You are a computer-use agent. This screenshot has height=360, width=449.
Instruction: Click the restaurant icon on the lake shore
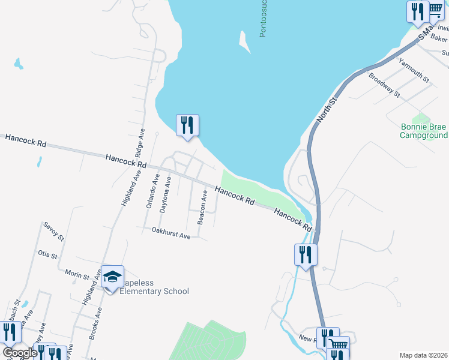(187, 125)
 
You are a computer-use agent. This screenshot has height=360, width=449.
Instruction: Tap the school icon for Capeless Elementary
(112, 277)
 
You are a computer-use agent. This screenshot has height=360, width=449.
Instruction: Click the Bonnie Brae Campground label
(424, 131)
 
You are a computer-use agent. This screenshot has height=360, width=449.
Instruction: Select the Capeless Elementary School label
(154, 287)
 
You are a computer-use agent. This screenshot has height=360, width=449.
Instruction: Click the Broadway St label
(384, 85)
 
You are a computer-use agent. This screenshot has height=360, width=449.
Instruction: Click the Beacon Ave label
(203, 208)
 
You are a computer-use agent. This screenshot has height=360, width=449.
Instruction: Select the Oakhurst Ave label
(171, 233)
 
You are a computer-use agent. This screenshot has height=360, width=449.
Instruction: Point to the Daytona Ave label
(166, 194)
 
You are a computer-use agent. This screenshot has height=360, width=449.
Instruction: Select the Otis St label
(47, 256)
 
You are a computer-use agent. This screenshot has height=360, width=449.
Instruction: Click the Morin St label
(77, 274)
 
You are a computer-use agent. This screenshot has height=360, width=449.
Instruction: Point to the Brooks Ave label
(95, 324)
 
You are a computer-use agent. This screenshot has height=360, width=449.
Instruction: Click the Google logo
(20, 353)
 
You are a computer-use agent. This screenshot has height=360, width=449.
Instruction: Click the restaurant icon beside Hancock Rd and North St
(305, 254)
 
